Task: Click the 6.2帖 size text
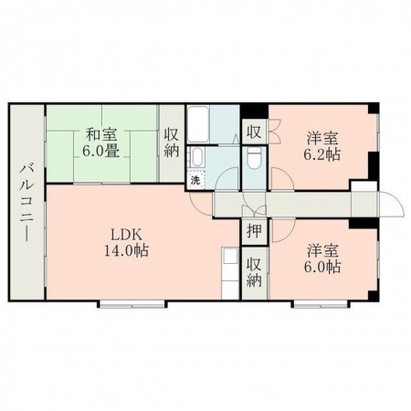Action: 321,154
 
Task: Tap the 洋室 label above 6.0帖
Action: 321,249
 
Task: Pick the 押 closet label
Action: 254,231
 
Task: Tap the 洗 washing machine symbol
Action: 195,180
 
